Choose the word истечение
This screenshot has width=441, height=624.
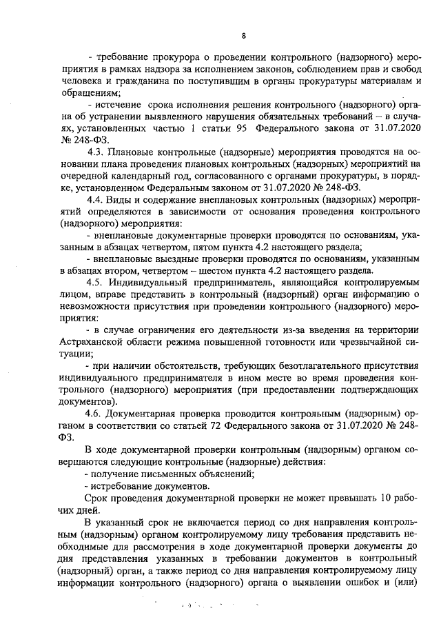point(119,105)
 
